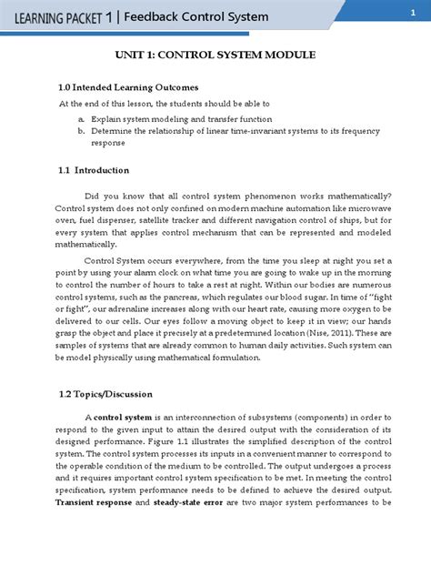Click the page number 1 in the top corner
coord(400,12)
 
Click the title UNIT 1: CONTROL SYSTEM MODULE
coord(215,55)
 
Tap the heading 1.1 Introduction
coord(92,170)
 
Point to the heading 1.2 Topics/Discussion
coord(105,394)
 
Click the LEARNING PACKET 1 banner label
coord(59,16)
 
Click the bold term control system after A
coord(121,417)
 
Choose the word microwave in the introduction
coord(367,208)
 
